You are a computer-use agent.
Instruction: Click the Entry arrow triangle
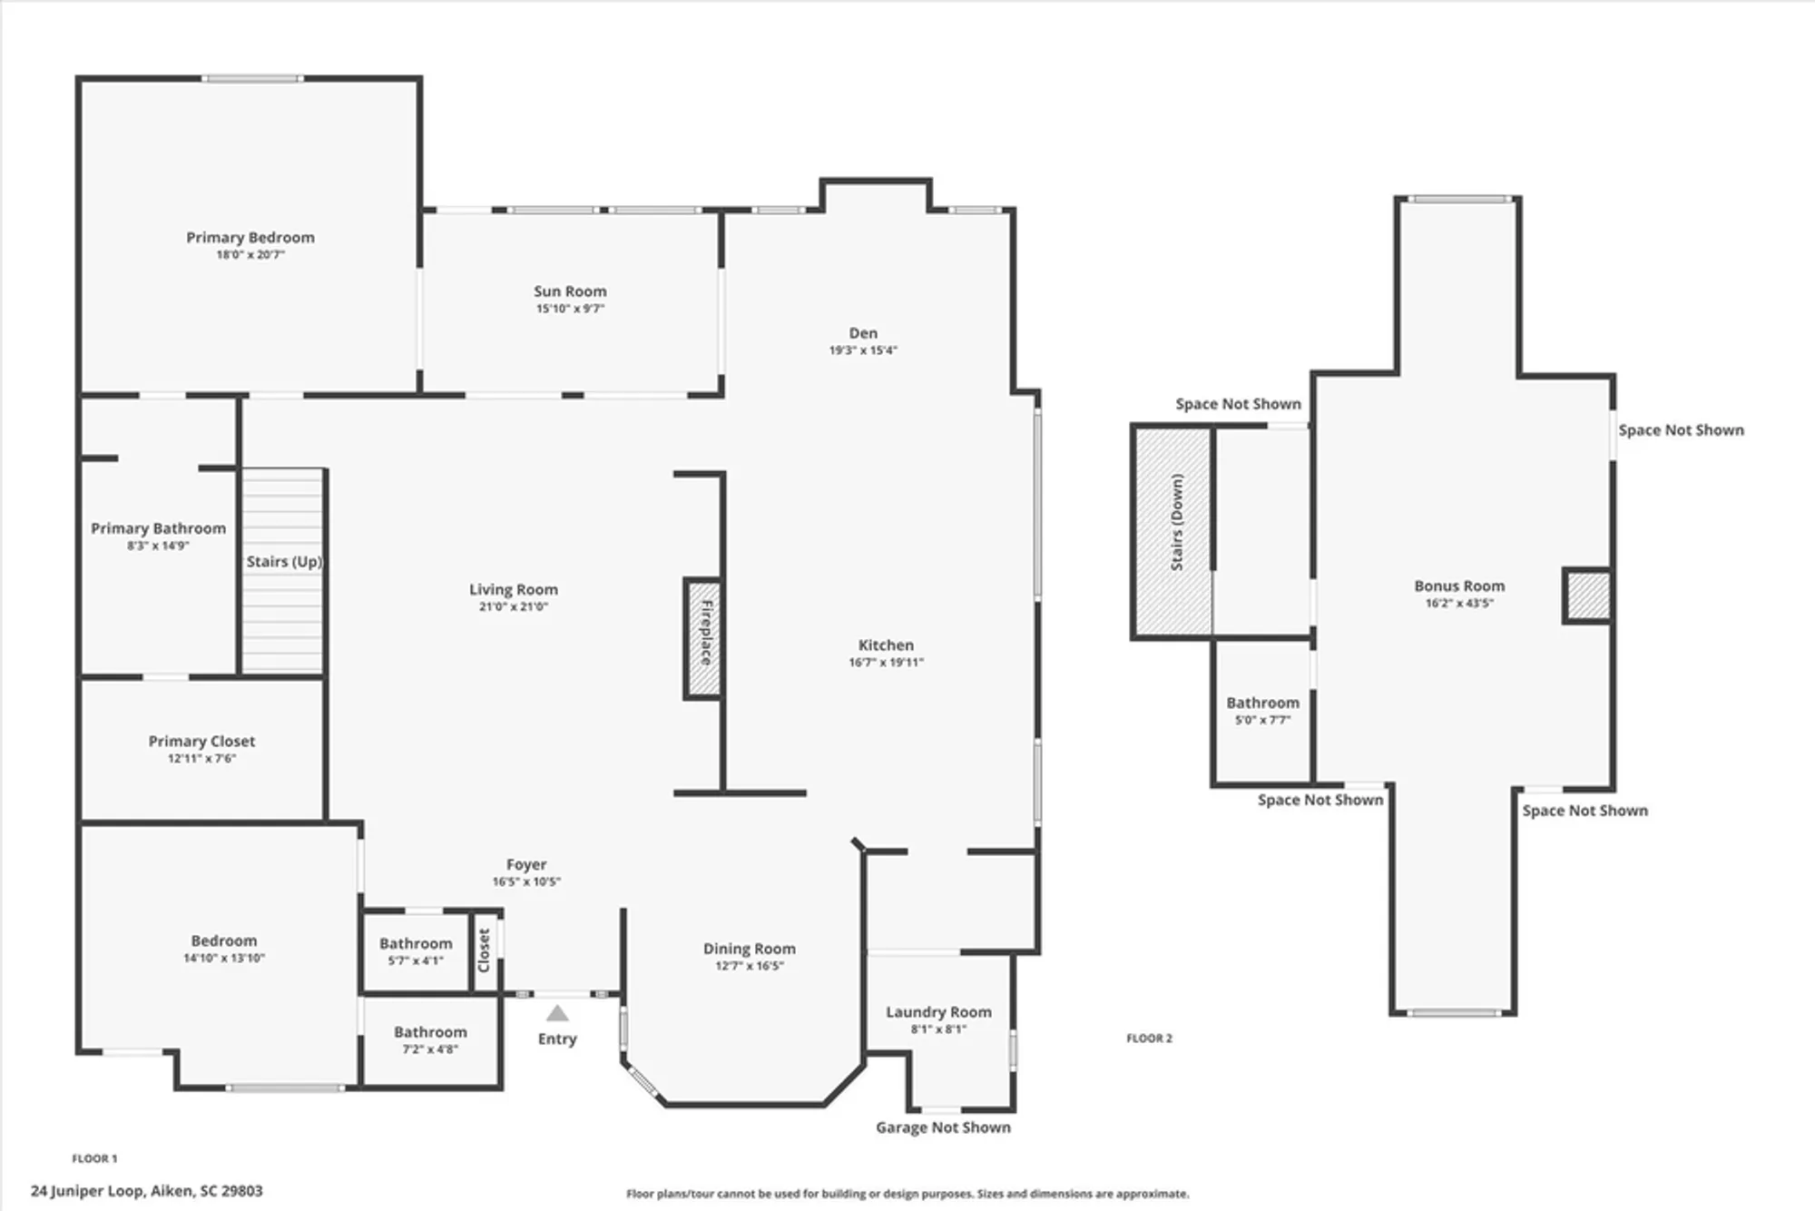pyautogui.click(x=557, y=1013)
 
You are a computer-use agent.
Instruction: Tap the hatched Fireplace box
pyautogui.click(x=702, y=639)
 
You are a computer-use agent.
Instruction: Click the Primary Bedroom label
pyautogui.click(x=250, y=238)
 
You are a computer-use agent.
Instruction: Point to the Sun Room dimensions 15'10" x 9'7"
pyautogui.click(x=570, y=309)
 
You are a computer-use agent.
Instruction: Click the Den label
pyautogui.click(x=863, y=333)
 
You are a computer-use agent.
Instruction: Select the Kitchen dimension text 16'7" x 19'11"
pyautogui.click(x=886, y=663)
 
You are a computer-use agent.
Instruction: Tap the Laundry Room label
pyautogui.click(x=938, y=1012)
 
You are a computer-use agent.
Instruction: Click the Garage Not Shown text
pyautogui.click(x=943, y=1127)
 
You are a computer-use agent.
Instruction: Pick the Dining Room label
pyautogui.click(x=749, y=949)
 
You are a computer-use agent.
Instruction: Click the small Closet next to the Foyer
pyautogui.click(x=484, y=950)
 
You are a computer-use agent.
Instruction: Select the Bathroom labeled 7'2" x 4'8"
pyautogui.click(x=430, y=1040)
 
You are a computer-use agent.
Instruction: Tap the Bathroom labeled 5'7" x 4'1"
pyautogui.click(x=416, y=951)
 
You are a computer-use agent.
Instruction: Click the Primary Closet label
pyautogui.click(x=201, y=742)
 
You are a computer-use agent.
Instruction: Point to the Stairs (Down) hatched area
pyautogui.click(x=1172, y=531)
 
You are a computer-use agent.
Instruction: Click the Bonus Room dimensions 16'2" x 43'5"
pyautogui.click(x=1458, y=603)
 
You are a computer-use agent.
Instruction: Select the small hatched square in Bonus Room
pyautogui.click(x=1587, y=596)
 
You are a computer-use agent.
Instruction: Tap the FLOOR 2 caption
pyautogui.click(x=1149, y=1038)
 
